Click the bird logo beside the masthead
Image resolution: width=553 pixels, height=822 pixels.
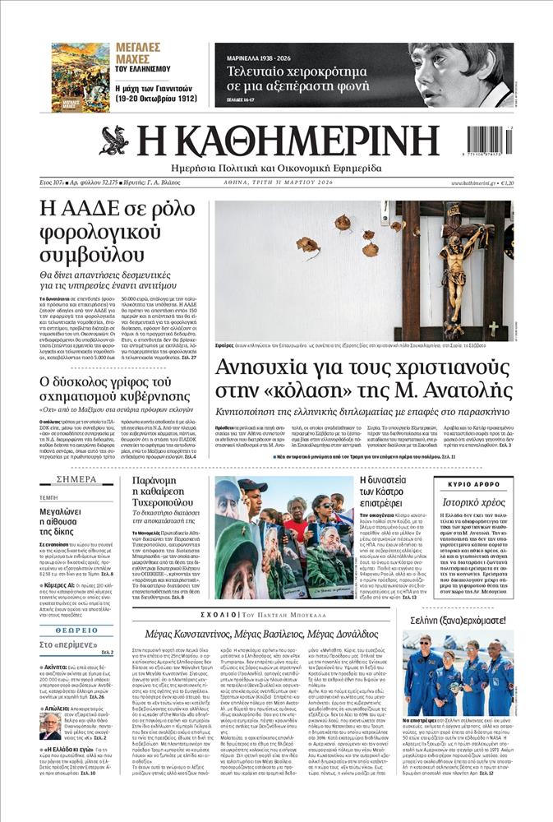(114, 141)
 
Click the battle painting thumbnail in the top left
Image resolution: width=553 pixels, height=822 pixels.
(79, 77)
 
